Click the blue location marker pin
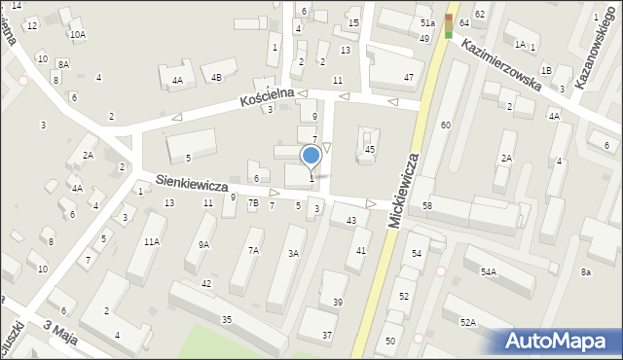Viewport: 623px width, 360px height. (x=311, y=156)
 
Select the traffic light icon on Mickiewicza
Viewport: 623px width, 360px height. (x=449, y=25)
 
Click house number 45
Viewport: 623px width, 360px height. (x=370, y=149)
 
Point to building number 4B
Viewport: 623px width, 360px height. (x=216, y=76)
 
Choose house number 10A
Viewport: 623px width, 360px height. (x=77, y=34)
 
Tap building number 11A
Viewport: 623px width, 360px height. (x=151, y=241)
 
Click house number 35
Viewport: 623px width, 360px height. (x=227, y=319)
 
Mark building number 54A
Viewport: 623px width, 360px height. (x=488, y=272)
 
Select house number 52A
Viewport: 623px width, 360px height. (x=468, y=322)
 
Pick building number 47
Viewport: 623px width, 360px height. (x=409, y=76)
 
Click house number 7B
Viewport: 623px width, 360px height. (x=253, y=204)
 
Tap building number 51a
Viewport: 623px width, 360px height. (x=426, y=21)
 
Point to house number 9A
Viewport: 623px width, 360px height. (x=203, y=245)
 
